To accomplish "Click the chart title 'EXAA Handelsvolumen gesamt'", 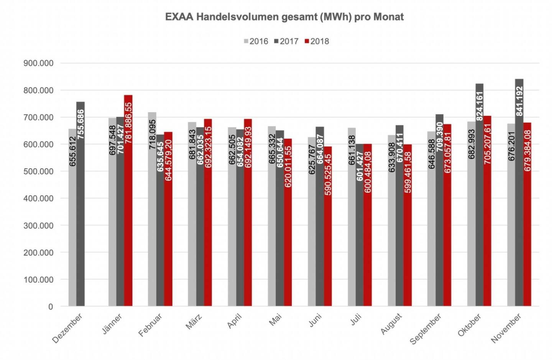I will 284,17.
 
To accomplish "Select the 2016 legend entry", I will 256,41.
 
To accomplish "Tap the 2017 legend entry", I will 286,41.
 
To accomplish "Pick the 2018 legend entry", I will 317,41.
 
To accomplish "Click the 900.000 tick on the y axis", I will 38,63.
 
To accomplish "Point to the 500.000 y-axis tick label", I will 38,171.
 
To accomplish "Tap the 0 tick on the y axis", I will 50,307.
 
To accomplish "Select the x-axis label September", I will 426,329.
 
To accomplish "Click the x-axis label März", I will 194,321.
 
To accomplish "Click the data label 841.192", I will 519,101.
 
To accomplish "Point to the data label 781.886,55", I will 128,123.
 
